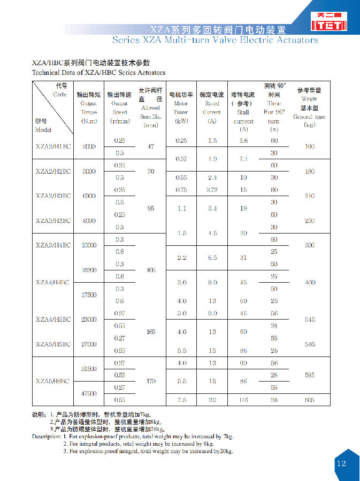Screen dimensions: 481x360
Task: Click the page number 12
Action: click(341, 463)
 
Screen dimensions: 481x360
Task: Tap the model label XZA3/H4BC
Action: click(53, 245)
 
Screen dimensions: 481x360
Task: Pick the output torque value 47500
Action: click(89, 393)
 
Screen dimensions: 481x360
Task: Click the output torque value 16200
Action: click(89, 270)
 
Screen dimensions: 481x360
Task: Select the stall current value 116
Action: click(243, 400)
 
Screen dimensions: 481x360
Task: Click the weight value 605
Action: click(309, 400)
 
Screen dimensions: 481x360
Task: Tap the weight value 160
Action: click(309, 146)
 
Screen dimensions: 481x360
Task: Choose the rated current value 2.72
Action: click(212, 190)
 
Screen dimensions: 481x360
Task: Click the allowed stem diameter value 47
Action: click(150, 146)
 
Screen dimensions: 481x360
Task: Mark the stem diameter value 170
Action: click(150, 382)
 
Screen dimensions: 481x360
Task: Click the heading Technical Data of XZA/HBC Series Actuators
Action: click(98, 72)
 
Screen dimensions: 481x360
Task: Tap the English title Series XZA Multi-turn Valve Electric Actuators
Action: click(215, 40)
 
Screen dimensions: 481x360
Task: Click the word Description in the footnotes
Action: click(47, 436)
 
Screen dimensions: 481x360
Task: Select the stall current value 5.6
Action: click(243, 141)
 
